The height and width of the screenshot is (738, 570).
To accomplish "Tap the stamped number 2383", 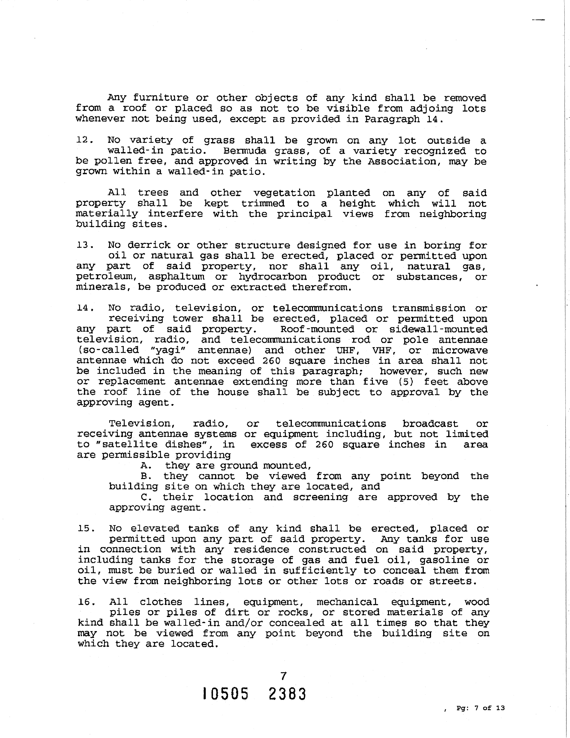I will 287,694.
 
